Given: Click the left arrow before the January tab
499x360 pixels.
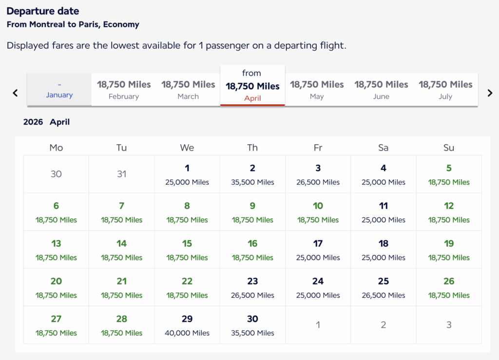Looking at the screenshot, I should click(x=15, y=93).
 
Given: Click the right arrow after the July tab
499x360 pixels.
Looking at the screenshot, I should click(x=490, y=93).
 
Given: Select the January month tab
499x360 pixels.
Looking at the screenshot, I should click(x=59, y=90).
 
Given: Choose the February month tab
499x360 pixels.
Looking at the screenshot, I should click(x=124, y=90).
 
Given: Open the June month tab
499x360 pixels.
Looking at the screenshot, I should click(x=381, y=90).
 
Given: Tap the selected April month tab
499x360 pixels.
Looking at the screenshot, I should click(x=252, y=86).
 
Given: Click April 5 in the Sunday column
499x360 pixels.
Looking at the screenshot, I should click(x=449, y=174).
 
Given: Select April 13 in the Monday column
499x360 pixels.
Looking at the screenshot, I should click(x=56, y=249).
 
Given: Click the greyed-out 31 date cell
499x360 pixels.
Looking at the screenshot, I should click(x=122, y=174).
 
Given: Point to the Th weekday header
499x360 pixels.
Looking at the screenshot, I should click(x=252, y=148).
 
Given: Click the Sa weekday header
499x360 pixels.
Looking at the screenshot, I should click(x=384, y=148).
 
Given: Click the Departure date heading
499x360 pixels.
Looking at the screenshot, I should click(x=43, y=11).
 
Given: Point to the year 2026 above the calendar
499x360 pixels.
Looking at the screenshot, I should click(x=33, y=122).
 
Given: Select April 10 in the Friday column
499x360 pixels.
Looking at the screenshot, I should click(x=318, y=212).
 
